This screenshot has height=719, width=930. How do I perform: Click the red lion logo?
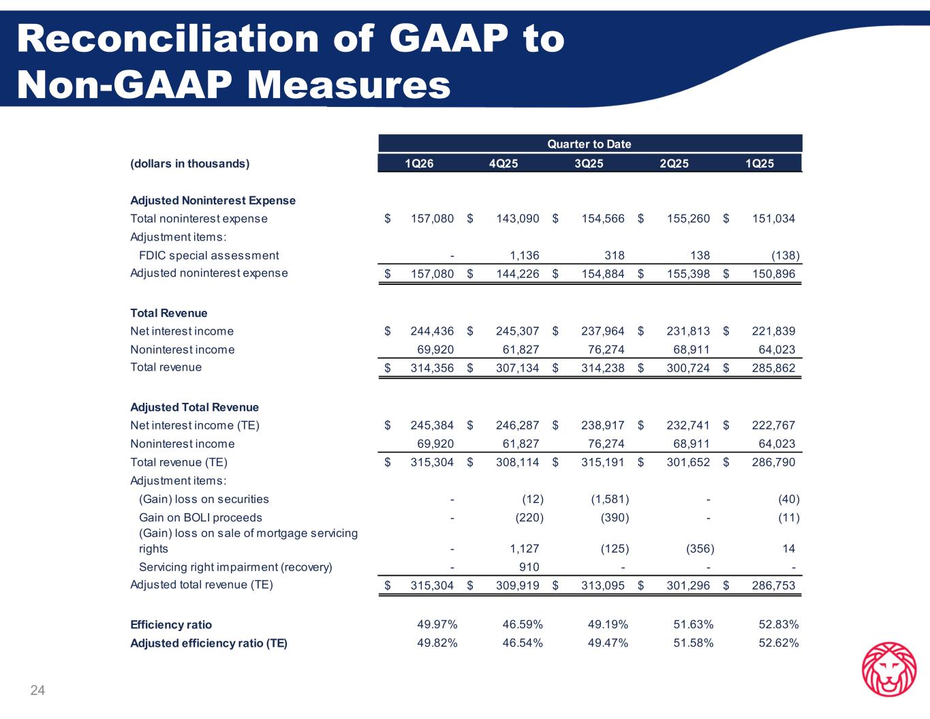889,669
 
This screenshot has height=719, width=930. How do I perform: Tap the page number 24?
37,690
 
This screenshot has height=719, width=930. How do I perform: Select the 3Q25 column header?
589,164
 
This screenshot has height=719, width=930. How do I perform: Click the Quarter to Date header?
589,144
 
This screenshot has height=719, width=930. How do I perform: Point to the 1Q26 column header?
419,164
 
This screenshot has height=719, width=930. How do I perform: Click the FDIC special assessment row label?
209,256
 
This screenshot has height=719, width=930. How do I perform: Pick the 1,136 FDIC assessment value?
525,256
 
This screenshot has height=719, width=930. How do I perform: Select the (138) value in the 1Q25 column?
786,256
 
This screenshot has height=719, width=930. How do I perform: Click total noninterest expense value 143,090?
517,219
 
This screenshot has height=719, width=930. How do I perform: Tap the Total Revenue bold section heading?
168,313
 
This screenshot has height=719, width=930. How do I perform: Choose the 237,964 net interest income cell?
602,331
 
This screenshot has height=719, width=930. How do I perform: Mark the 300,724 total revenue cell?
688,368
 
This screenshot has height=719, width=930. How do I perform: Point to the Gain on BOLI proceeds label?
200,517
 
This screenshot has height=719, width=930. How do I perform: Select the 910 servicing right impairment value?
529,567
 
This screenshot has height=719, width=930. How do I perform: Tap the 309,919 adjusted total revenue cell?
517,585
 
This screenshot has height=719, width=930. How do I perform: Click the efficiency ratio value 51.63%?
694,624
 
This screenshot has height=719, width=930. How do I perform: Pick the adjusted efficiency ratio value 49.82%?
437,643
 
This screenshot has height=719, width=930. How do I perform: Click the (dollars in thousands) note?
190,164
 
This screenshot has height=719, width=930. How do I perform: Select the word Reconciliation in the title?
168,39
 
